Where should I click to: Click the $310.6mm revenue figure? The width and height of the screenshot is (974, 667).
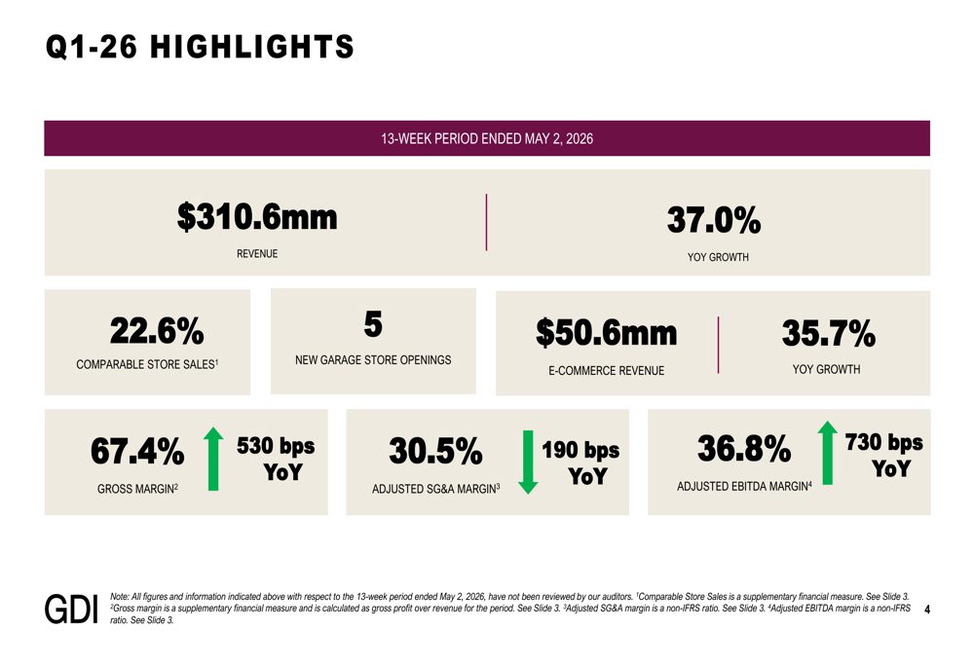coord(257,217)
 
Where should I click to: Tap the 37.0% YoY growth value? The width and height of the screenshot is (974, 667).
coord(714,220)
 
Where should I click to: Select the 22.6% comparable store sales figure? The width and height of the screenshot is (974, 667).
coord(157,330)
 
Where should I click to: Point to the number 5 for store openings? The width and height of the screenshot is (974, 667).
coord(373,324)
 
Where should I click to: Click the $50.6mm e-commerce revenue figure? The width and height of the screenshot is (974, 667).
coord(606,333)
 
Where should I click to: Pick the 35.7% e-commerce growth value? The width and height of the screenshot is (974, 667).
coord(829,333)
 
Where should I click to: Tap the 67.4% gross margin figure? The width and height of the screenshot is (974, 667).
coord(137,451)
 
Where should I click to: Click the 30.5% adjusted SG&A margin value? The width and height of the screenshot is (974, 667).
coord(435,451)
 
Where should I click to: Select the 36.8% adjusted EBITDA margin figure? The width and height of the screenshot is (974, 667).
coord(744,448)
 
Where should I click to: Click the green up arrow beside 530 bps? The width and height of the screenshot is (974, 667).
coord(213,459)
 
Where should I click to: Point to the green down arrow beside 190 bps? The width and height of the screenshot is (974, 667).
coord(528,463)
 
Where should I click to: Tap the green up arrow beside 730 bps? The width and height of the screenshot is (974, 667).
coord(827,453)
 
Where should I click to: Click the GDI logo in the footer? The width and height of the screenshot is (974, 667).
coord(71,610)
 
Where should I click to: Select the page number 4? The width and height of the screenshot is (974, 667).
coord(927,610)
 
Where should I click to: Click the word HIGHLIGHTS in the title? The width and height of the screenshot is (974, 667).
coord(252,47)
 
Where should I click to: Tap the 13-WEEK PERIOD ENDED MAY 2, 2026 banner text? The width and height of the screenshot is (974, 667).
coord(487,138)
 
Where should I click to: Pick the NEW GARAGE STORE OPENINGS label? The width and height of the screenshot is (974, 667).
coord(373,360)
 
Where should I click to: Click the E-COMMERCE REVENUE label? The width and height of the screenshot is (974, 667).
coord(606,371)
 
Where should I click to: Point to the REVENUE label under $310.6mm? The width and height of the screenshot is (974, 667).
coord(257,254)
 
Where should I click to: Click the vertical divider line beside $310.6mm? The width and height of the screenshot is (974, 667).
coord(486,222)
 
